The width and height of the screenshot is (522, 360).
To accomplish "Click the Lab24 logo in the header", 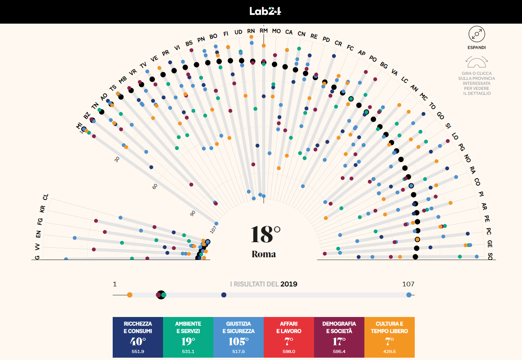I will pyautogui.click(x=265, y=11).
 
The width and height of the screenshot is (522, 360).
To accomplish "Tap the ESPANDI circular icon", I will pyautogui.click(x=476, y=34).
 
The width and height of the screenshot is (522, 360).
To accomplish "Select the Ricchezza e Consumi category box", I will pyautogui.click(x=138, y=337).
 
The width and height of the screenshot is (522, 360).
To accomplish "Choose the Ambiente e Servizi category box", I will pyautogui.click(x=188, y=337).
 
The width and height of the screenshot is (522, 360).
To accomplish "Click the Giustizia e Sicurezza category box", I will pyautogui.click(x=239, y=337).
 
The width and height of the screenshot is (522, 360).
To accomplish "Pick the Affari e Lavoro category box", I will pyautogui.click(x=289, y=337).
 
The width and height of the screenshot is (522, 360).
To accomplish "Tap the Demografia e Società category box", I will pyautogui.click(x=339, y=337).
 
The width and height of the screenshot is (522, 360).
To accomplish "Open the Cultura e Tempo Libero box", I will pyautogui.click(x=390, y=337).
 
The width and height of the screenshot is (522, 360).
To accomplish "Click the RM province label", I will pyautogui.click(x=264, y=31).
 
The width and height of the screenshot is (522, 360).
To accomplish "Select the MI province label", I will pyautogui.click(x=79, y=126).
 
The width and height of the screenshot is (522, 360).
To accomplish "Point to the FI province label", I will pyautogui.click(x=226, y=34).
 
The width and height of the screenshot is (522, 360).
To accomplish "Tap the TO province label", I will pyautogui.click(x=432, y=106).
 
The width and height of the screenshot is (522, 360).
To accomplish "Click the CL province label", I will pyautogui.click(x=46, y=197).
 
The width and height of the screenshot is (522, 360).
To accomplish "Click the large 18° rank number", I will pyautogui.click(x=265, y=234).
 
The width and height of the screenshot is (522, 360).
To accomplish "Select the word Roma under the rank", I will pyautogui.click(x=264, y=254).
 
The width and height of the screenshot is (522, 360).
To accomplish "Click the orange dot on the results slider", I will pyautogui.click(x=130, y=295).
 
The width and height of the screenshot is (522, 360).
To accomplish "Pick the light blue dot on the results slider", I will pyautogui.click(x=409, y=295).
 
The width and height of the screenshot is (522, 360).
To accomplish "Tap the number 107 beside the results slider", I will pyautogui.click(x=408, y=284).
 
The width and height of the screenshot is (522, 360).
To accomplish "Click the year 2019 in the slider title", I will pyautogui.click(x=289, y=284).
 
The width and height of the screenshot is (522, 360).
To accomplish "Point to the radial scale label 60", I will pyautogui.click(x=155, y=186).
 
